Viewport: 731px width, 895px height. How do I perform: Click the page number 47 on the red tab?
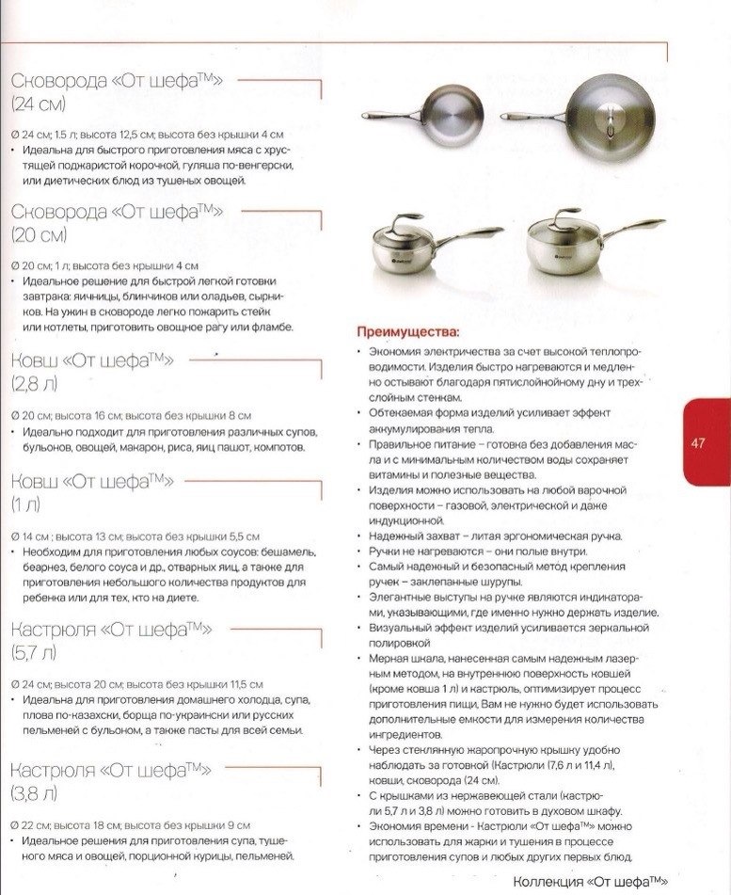coord(697,443)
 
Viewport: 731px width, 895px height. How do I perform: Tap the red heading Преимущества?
coord(407,332)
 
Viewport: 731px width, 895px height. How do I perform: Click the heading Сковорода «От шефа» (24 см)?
coord(117,91)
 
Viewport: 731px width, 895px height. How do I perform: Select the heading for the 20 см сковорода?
coord(117,221)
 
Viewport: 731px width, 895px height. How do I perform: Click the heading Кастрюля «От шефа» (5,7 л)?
coord(110,639)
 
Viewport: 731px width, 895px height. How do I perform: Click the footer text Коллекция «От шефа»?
coord(590,881)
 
